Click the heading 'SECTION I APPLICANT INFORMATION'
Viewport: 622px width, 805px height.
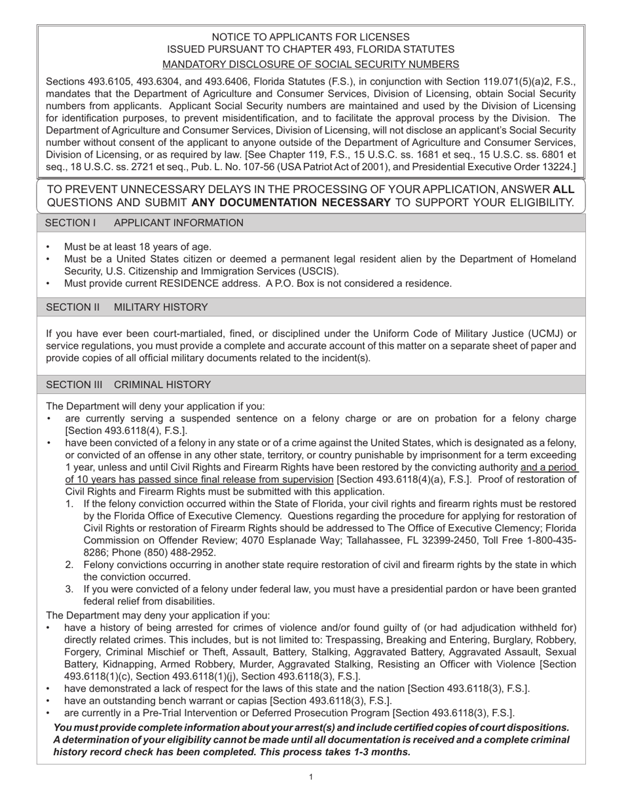[x=143, y=223]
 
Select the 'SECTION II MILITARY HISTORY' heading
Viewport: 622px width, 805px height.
[x=126, y=307]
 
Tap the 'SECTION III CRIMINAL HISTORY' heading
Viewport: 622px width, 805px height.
[x=128, y=385]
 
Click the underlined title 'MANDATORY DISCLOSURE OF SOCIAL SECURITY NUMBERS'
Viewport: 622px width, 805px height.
[x=310, y=64]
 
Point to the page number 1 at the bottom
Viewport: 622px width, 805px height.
[x=310, y=777]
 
